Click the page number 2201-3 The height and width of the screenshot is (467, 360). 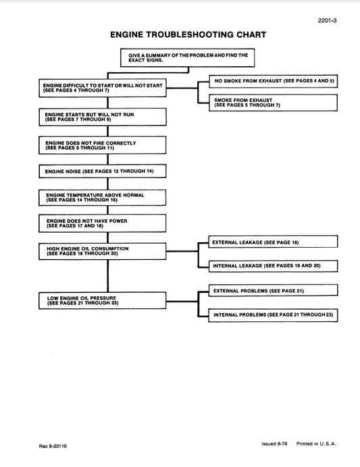coord(326,21)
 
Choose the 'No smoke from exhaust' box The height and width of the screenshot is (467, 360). coord(272,80)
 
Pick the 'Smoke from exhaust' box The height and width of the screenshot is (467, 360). coord(272,103)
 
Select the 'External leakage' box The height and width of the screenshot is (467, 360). coord(272,241)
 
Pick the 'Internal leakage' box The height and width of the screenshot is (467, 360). coord(272,266)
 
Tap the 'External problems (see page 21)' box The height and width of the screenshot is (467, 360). coord(272,290)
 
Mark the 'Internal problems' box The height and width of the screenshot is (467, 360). coord(272,315)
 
